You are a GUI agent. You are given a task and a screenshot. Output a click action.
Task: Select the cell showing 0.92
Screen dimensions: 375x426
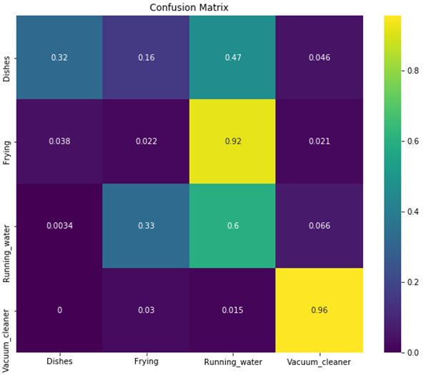(x=232, y=141)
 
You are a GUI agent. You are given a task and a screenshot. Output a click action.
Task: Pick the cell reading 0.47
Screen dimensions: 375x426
(x=232, y=56)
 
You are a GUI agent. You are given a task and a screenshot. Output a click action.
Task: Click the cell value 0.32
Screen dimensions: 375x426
(x=59, y=56)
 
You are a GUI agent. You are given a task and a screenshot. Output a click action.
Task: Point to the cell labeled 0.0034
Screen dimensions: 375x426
(x=59, y=225)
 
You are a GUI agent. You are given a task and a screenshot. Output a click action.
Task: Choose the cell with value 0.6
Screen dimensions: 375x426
(x=232, y=225)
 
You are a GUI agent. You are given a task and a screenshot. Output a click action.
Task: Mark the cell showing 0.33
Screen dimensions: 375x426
(x=145, y=225)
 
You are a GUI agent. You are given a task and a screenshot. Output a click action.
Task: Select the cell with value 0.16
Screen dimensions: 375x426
(x=145, y=56)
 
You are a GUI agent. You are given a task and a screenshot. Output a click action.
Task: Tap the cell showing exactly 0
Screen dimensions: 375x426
(x=59, y=309)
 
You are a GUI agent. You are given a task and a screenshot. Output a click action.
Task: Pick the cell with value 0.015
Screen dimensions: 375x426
(x=232, y=309)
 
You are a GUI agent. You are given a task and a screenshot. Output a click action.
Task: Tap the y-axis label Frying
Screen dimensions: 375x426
(x=7, y=141)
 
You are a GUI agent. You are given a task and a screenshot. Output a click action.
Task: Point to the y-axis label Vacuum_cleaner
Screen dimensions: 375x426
(x=7, y=309)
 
